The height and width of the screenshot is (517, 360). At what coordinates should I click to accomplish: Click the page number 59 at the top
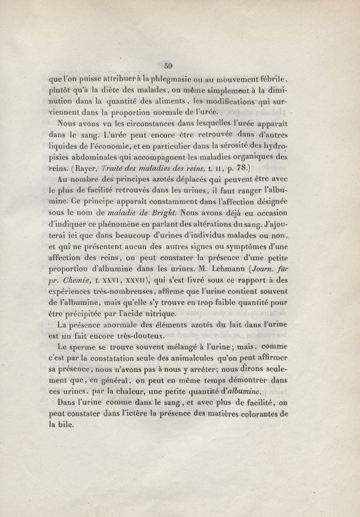pos(168,65)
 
